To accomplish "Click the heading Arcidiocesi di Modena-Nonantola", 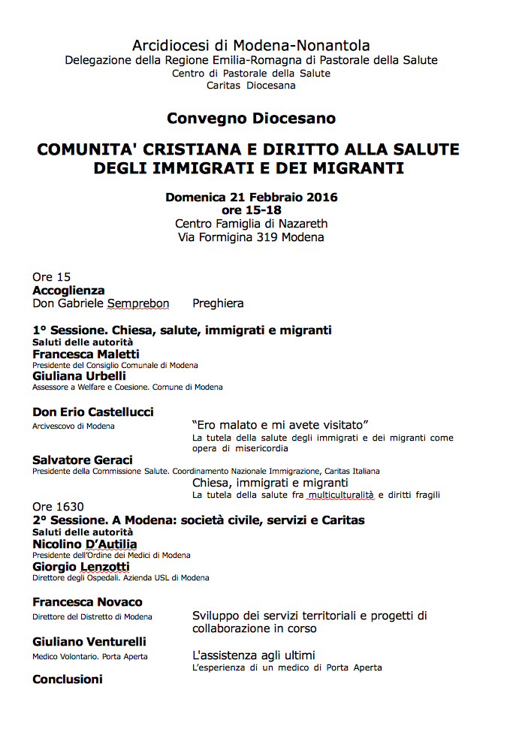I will pyautogui.click(x=251, y=46).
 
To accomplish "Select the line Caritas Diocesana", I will pyautogui.click(x=251, y=86).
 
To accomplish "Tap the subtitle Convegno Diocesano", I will pyautogui.click(x=251, y=119).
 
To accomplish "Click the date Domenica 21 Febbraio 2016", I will pyautogui.click(x=251, y=197).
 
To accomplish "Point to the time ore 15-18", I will pyautogui.click(x=251, y=210).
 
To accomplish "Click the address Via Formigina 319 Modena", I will pyautogui.click(x=251, y=237).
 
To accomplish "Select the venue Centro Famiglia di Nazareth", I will pyautogui.click(x=251, y=224).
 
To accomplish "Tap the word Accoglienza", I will pyautogui.click(x=68, y=291).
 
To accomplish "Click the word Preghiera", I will pyautogui.click(x=218, y=304).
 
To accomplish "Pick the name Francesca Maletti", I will pyautogui.click(x=86, y=354).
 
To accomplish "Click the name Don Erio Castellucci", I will pyautogui.click(x=93, y=412).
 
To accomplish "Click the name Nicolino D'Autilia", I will pyautogui.click(x=85, y=544).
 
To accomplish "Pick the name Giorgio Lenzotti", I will pyautogui.click(x=81, y=567).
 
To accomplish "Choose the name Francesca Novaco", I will pyautogui.click(x=87, y=602).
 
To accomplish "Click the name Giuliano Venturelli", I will pyautogui.click(x=89, y=642).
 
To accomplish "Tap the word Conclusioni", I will pyautogui.click(x=68, y=679).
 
